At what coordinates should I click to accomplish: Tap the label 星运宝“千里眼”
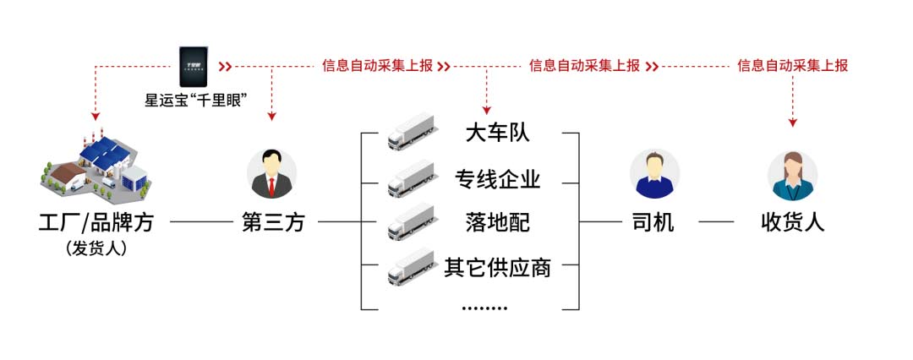pyautogui.click(x=195, y=100)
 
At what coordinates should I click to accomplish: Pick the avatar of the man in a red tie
pyautogui.click(x=271, y=173)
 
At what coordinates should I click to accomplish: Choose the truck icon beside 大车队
pyautogui.click(x=411, y=134)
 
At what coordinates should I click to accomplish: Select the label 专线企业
pyautogui.click(x=497, y=178)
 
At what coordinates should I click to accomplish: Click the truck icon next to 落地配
pyautogui.click(x=411, y=222)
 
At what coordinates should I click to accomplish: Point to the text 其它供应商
pyautogui.click(x=497, y=267)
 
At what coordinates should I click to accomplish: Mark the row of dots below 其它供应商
pyautogui.click(x=485, y=308)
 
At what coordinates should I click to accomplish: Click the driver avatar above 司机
pyautogui.click(x=654, y=173)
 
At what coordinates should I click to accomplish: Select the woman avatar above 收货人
pyautogui.click(x=792, y=174)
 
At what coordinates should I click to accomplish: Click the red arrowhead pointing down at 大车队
pyautogui.click(x=486, y=109)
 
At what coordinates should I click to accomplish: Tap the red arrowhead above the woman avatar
pyautogui.click(x=793, y=123)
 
